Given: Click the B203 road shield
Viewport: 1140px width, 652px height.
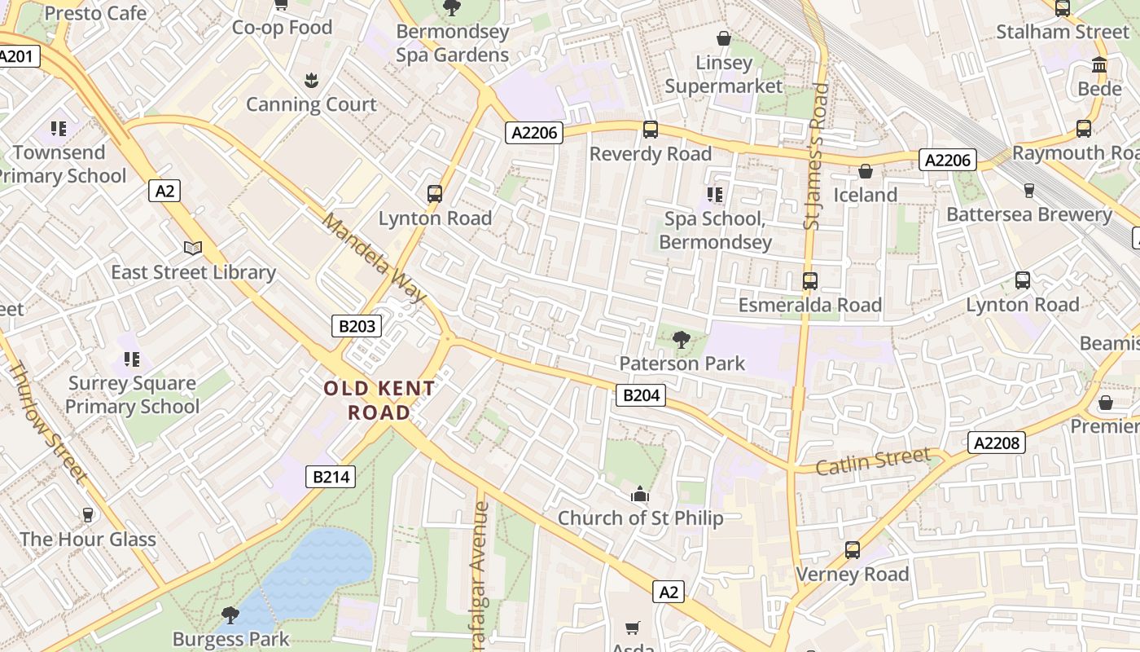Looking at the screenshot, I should [357, 327].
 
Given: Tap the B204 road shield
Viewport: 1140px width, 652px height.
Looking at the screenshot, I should [640, 396].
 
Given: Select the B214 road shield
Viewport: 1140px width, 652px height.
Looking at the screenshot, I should [331, 477].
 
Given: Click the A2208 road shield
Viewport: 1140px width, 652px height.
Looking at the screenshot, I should [997, 443].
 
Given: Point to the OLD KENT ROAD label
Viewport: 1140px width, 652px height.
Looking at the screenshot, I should [379, 400].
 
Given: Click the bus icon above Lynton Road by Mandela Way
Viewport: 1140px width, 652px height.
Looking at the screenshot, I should [435, 194].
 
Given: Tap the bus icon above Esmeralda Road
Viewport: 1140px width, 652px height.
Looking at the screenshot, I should [809, 281].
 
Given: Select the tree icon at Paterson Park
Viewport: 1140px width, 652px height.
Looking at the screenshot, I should [682, 340].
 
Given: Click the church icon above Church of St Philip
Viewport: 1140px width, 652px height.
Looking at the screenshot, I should [640, 495].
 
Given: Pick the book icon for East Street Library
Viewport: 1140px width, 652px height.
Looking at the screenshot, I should [193, 249].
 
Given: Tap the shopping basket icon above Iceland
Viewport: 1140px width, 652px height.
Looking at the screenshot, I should [865, 171].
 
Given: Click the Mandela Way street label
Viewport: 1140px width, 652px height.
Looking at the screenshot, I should [374, 257].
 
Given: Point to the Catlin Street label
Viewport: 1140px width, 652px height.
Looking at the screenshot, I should [872, 461].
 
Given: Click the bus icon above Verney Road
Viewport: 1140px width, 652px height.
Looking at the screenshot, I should [852, 550].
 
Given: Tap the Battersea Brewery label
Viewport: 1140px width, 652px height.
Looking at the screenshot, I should [1028, 214].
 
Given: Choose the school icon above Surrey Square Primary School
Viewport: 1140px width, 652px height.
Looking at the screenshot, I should [132, 359].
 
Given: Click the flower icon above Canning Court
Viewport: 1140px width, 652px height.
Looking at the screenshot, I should [311, 80].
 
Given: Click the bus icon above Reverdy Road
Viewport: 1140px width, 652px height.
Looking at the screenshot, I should [650, 130].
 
